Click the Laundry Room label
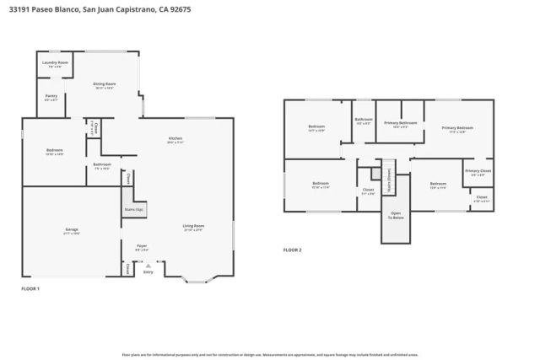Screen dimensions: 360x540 pos(56,62)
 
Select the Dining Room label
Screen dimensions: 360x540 pos(105,84)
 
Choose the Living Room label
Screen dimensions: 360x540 pos(193,226)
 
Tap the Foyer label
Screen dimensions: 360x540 pos(142,246)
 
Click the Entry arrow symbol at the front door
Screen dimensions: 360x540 pos(148,265)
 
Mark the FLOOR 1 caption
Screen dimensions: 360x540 pos(30,289)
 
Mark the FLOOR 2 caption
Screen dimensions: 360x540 pos(292,250)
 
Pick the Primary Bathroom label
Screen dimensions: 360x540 pos(401,124)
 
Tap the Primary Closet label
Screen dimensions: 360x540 pos(477,172)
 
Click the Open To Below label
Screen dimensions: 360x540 pos(397,215)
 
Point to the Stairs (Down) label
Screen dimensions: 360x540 pos(388,179)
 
